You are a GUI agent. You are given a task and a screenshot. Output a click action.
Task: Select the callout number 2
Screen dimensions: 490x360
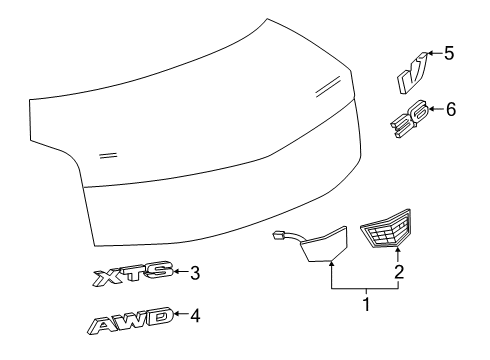[x=400, y=271]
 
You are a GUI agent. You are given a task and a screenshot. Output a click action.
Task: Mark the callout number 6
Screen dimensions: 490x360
[x=450, y=109]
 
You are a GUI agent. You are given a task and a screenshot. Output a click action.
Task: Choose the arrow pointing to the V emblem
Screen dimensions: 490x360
[x=431, y=56]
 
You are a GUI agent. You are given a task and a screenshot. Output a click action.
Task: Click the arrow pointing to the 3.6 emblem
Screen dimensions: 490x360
[x=433, y=111]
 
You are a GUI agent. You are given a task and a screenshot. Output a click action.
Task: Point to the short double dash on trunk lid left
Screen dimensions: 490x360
[x=109, y=155]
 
